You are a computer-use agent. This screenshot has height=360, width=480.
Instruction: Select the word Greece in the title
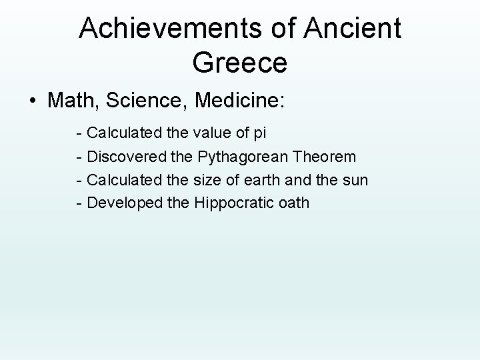pyautogui.click(x=239, y=64)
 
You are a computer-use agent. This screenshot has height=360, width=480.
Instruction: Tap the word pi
pyautogui.click(x=259, y=133)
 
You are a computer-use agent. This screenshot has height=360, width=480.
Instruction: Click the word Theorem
pyautogui.click(x=323, y=157)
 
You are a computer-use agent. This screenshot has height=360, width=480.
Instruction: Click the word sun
pyautogui.click(x=355, y=180)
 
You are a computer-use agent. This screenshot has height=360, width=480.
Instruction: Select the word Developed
pyautogui.click(x=125, y=203)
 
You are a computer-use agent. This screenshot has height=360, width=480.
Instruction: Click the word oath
pyautogui.click(x=293, y=202)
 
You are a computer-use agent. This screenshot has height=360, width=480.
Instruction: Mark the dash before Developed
pyautogui.click(x=80, y=203)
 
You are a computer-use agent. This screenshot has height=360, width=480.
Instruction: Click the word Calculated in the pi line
pyautogui.click(x=124, y=133)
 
